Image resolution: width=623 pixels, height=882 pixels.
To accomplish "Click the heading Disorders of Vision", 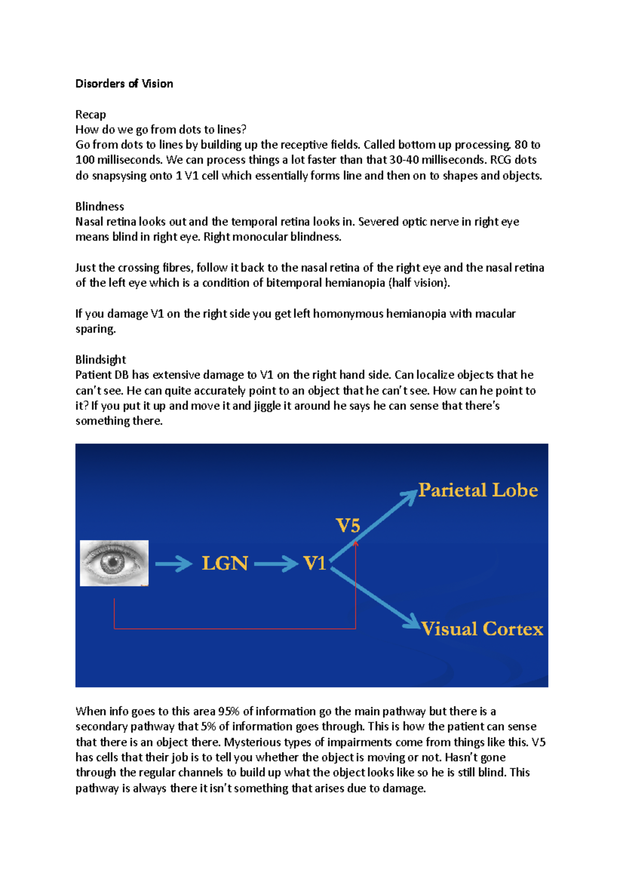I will coord(124,84).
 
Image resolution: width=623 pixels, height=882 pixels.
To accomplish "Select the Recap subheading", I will coord(90,114).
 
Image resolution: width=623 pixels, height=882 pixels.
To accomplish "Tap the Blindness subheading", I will coord(100,206).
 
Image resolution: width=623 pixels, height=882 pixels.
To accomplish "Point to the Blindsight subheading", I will coord(101,359).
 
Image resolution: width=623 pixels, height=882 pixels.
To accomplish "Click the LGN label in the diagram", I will coord(225,563).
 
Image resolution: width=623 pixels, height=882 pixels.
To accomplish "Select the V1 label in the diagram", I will coord(315,563).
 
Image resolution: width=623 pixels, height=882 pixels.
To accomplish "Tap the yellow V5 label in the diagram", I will coord(348,525).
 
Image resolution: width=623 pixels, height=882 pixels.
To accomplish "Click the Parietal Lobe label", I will coord(478,490).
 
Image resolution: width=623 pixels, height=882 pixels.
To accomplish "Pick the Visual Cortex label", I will coord(482,629).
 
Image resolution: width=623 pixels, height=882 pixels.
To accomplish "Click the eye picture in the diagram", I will coord(114,563).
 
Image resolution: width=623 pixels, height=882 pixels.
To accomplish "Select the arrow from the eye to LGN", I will coord(174,564).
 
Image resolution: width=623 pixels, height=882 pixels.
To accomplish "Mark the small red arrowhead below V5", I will coord(356,543).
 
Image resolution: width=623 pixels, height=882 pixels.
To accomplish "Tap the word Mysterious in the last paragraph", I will coord(251,742).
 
